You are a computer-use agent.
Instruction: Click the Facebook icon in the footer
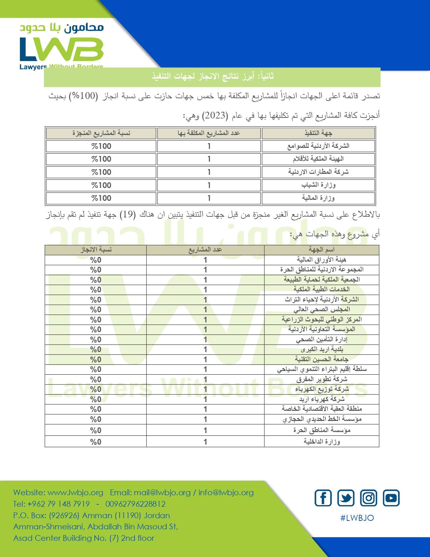point(323,498)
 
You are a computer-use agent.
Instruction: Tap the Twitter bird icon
point(346,498)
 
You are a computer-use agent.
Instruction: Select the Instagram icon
point(369,498)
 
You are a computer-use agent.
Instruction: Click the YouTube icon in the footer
point(391,498)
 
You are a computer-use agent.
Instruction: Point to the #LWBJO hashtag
point(357,518)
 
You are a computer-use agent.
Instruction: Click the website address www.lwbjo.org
point(75,493)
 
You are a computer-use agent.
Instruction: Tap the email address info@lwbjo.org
point(226,493)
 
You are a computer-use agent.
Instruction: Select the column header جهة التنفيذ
point(318,133)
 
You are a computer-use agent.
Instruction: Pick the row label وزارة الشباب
point(318,185)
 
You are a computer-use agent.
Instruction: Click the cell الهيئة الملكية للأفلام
point(318,159)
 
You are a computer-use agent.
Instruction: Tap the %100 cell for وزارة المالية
point(101,198)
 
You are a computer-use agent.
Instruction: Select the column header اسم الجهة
point(321,250)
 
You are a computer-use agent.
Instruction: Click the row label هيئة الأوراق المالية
point(321,260)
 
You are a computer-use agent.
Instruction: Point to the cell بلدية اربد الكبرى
point(321,349)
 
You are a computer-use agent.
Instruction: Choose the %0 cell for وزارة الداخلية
point(96,442)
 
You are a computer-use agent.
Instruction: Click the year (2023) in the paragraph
point(215,115)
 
